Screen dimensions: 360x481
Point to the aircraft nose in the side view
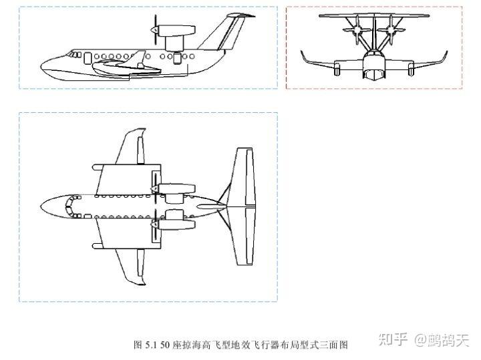tap(45, 65)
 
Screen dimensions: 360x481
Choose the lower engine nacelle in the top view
tap(175, 217)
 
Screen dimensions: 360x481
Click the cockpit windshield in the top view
tap(69, 206)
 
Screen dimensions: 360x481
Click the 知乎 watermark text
tap(393, 341)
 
